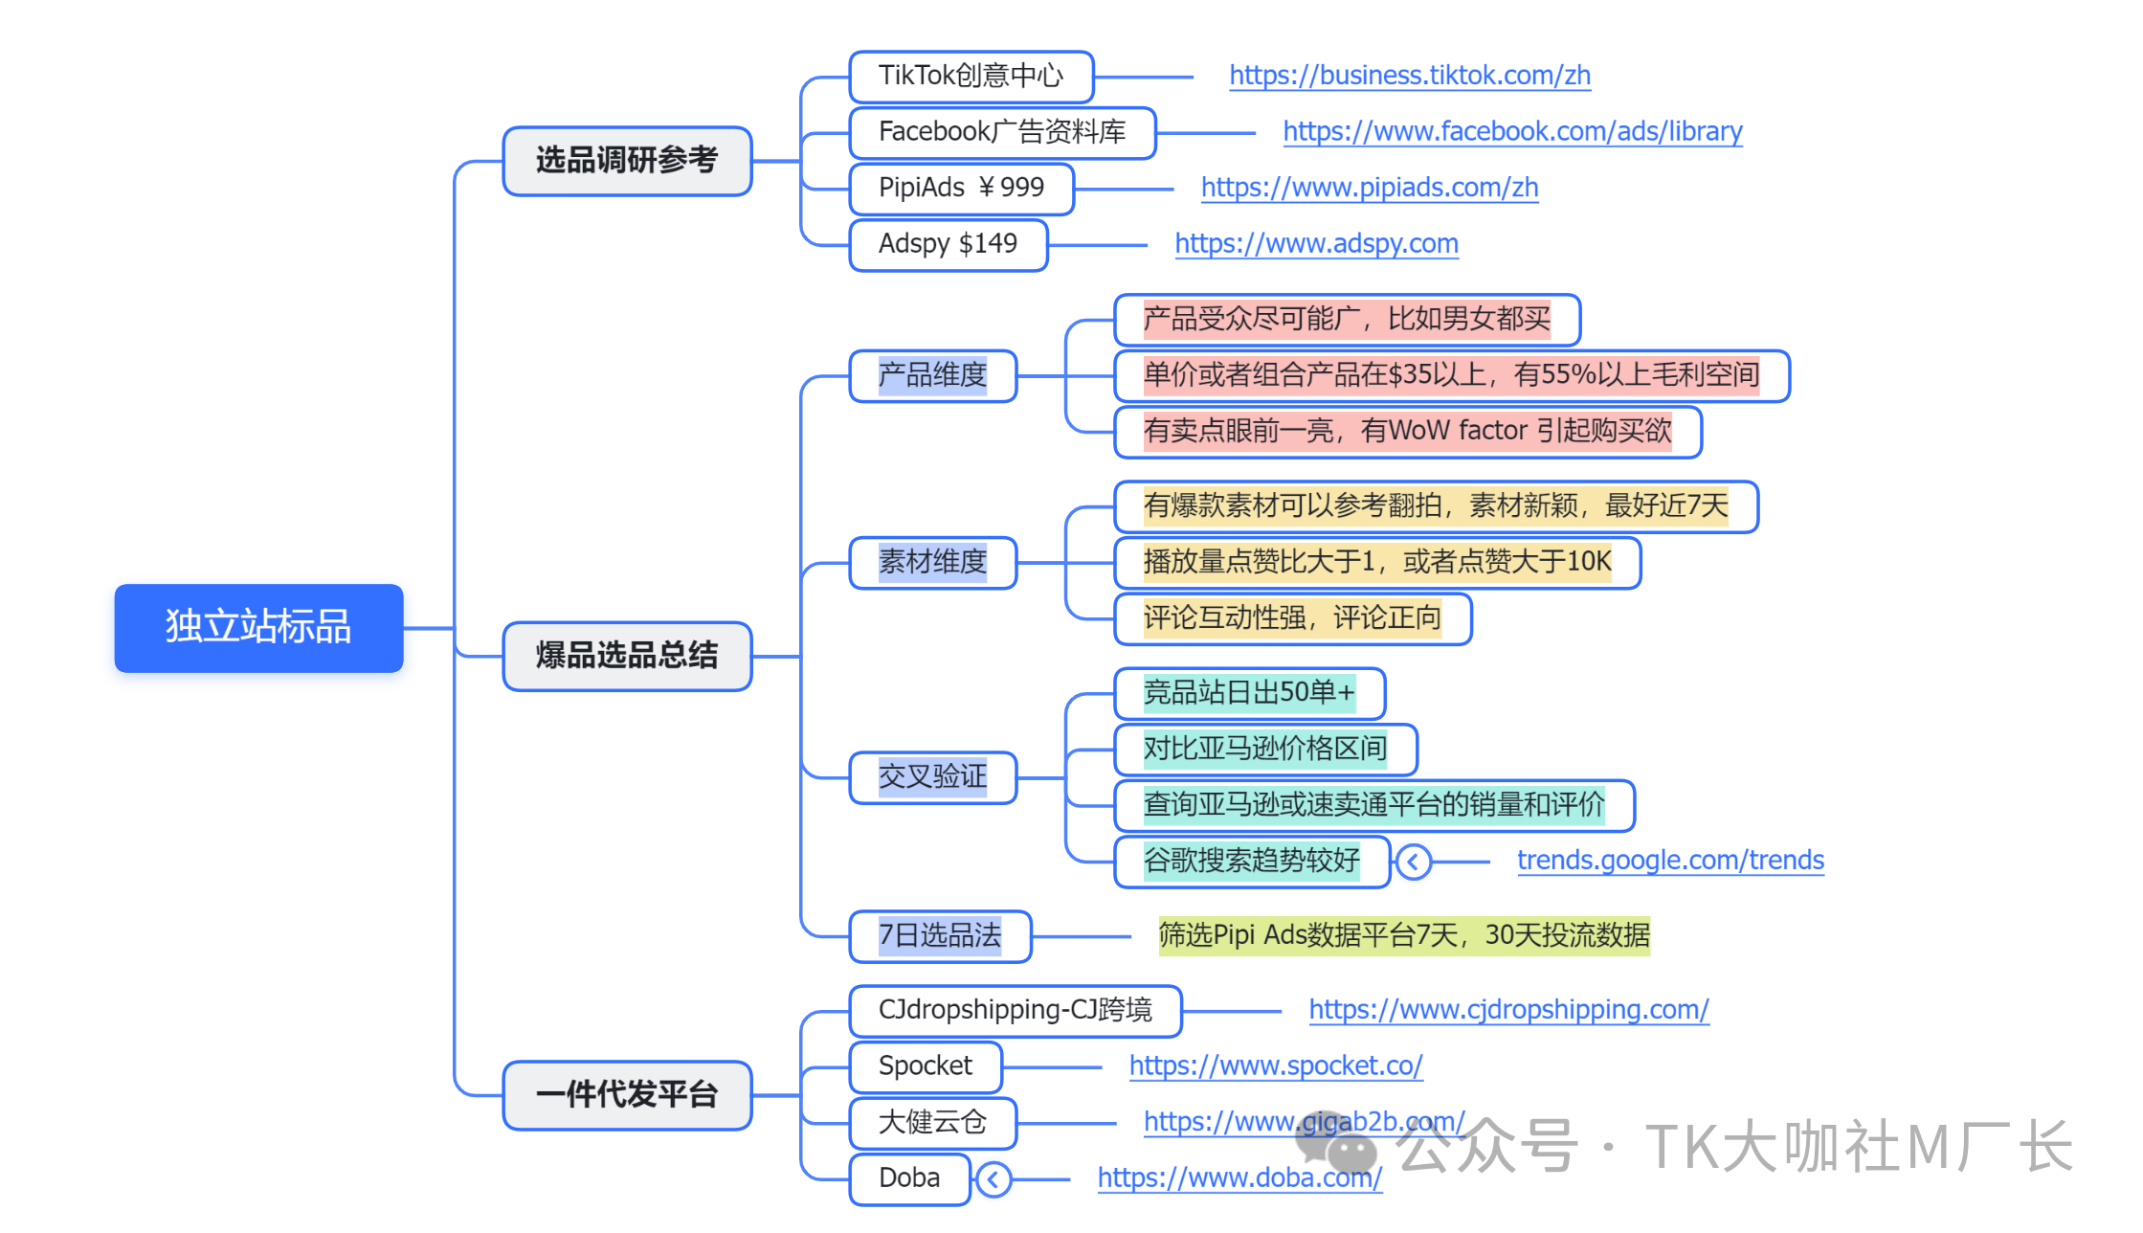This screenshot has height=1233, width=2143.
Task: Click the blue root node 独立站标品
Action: point(258,628)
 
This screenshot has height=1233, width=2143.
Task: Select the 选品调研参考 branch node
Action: point(627,161)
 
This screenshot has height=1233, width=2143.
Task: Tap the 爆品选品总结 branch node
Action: point(627,656)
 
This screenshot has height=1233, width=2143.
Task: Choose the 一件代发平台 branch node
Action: point(627,1094)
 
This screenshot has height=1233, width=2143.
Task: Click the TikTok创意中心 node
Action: point(971,77)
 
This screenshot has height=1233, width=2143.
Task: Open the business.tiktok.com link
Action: point(1409,76)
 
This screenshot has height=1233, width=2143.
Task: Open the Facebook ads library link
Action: point(1512,132)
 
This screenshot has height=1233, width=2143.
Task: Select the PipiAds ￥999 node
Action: point(961,189)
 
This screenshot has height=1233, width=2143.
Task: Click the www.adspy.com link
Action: point(1316,244)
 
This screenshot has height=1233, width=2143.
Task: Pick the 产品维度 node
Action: point(932,375)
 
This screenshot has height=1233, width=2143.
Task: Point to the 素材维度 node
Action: point(932,562)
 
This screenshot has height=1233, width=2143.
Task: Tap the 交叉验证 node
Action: point(932,776)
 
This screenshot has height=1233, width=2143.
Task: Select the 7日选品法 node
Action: point(940,935)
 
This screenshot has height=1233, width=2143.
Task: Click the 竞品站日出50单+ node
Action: point(1249,692)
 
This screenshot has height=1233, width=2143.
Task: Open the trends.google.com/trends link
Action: point(1670,861)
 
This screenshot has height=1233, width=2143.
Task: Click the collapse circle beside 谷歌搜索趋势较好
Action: point(1413,862)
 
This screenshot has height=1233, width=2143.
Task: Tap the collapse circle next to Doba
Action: point(993,1179)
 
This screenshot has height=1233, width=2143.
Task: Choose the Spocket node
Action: point(925,1066)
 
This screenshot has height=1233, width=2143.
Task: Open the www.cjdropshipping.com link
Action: point(1508,1010)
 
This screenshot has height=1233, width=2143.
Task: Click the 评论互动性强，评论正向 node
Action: point(1292,618)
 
